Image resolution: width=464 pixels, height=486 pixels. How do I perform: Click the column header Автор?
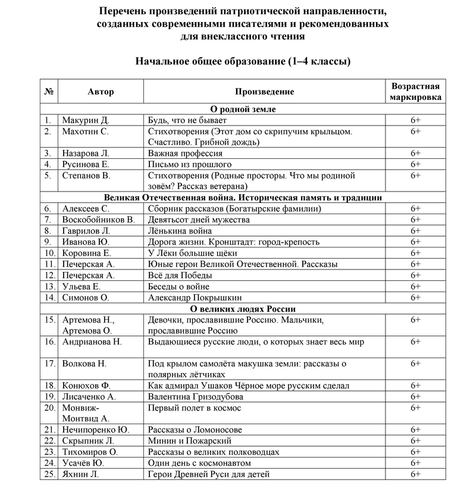101,92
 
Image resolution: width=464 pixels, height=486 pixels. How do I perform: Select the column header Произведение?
264,92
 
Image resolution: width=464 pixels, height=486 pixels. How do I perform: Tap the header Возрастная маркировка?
415,92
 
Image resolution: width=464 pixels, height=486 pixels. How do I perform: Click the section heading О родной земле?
243,109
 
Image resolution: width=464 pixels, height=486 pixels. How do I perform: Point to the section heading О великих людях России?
243,309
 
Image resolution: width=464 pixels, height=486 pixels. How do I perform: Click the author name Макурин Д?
86,120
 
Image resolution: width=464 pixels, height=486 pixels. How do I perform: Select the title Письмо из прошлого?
190,164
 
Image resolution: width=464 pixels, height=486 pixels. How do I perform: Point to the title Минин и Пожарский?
189,441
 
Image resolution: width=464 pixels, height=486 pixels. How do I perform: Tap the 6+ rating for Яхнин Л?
415,474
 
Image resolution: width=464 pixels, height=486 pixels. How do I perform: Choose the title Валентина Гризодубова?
196,397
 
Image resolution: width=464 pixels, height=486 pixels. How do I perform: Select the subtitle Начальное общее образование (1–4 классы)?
243,61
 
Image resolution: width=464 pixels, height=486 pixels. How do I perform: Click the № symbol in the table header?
49,92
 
